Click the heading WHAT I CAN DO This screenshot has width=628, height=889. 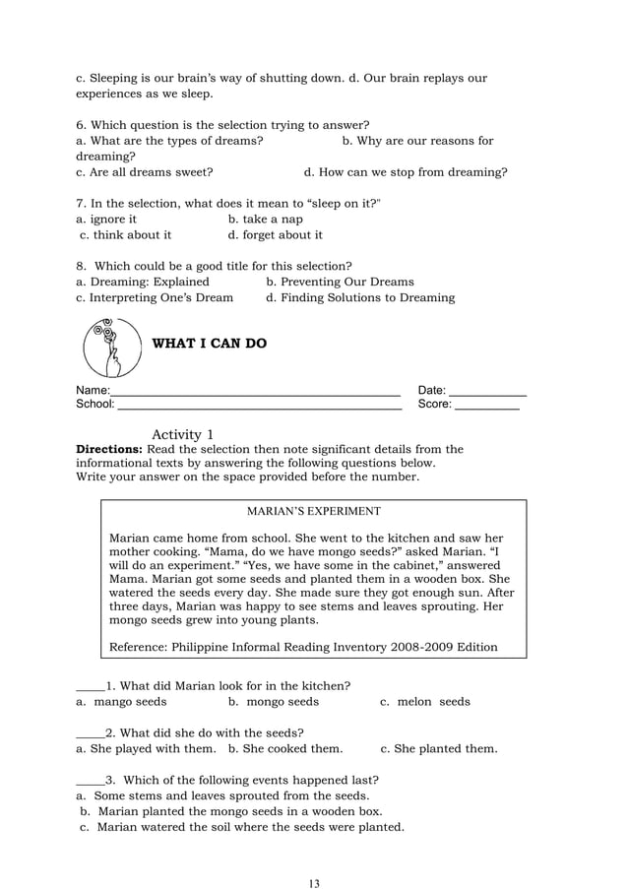point(208,345)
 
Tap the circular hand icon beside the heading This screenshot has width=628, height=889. point(110,348)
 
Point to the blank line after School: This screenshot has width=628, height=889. point(259,405)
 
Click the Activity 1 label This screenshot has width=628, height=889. point(183,434)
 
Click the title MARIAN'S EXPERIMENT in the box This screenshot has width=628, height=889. point(313,512)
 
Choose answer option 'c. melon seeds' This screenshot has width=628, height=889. point(424,702)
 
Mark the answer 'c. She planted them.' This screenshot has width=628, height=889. point(438,748)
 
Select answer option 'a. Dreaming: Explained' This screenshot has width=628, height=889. point(143,282)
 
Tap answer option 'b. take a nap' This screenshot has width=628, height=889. point(266,220)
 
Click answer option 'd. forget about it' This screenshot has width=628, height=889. point(275,235)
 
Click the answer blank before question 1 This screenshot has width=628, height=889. point(90,686)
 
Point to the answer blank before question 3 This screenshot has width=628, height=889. point(90,780)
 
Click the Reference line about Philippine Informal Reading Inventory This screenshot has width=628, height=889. point(302,647)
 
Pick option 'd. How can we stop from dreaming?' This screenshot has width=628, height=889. point(406,172)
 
